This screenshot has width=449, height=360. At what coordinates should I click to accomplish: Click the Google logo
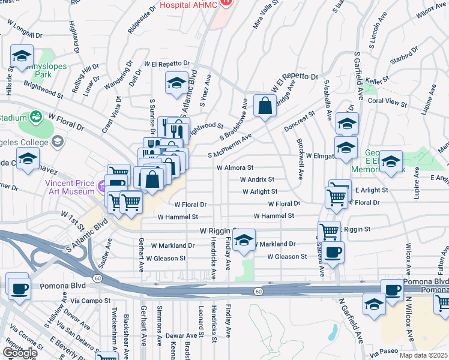[19, 352]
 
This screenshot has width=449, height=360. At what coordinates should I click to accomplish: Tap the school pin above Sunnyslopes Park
[22, 56]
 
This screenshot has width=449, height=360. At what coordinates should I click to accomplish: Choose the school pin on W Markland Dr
[243, 241]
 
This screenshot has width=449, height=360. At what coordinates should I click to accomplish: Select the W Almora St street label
[235, 169]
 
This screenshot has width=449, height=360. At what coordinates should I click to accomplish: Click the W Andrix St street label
[256, 179]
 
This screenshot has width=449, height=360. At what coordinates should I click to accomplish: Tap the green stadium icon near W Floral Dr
[36, 115]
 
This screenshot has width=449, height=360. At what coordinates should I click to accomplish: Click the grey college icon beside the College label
[58, 142]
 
